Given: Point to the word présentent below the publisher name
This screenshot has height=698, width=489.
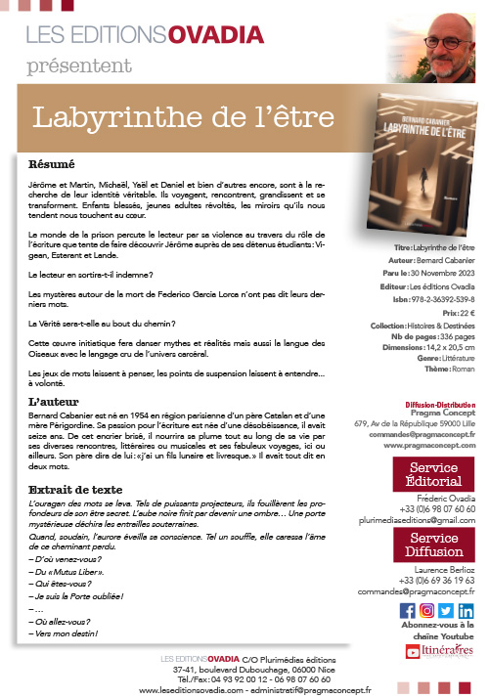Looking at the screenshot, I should tap(75, 65).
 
